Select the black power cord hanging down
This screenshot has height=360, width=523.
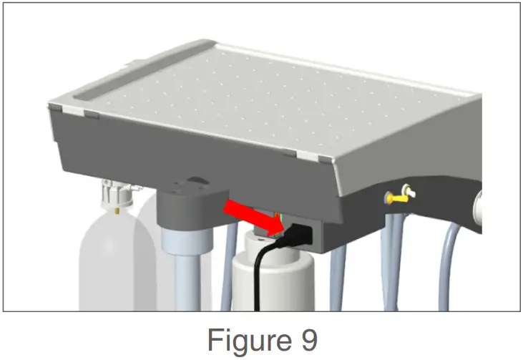pos(258,279)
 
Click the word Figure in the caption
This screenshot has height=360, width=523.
pos(246,339)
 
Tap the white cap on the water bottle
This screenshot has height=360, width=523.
pos(114,194)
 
